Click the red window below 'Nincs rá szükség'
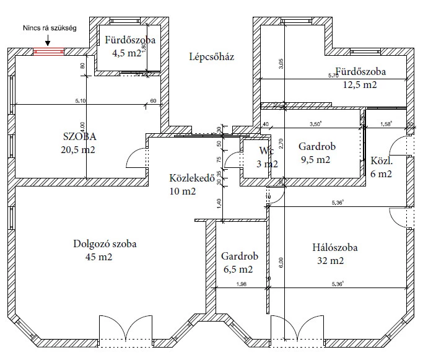point(48,52)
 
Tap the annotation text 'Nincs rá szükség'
point(49,29)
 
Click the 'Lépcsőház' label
point(212,58)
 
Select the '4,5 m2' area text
point(127,53)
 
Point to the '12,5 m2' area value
point(360,84)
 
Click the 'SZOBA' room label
point(79,136)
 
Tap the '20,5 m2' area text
point(79,149)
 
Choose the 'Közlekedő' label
point(191,178)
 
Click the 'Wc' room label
point(266,151)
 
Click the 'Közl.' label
point(382,161)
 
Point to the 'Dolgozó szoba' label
point(104,244)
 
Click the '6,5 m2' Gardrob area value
point(237,270)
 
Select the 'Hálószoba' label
point(334,248)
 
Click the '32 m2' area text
point(329,261)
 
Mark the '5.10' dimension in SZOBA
point(81,101)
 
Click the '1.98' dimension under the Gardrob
point(242,284)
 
